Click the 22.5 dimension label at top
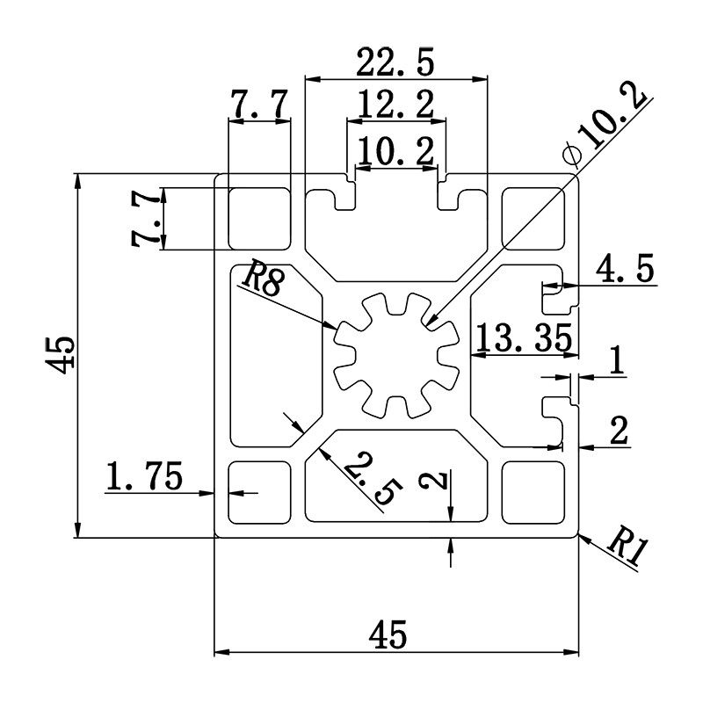click(395, 63)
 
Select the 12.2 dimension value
click(396, 107)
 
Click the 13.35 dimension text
click(523, 337)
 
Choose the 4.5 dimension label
click(625, 270)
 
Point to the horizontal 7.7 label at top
click(257, 105)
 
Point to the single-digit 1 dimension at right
click(616, 361)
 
